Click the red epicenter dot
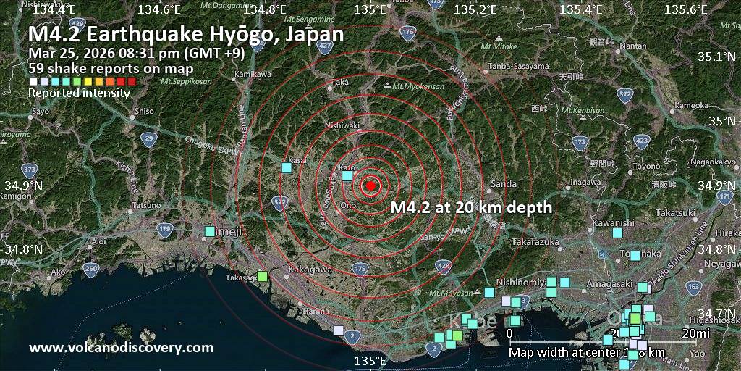[x=370, y=185]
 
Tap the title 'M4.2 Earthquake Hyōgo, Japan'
[x=186, y=34]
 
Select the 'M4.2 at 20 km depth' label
[x=471, y=207]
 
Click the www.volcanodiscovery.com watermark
[x=122, y=348]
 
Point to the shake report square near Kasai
[x=287, y=168]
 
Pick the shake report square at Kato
[x=347, y=175]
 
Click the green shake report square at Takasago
[x=262, y=276]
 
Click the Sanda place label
[x=504, y=184]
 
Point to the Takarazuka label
[x=536, y=241]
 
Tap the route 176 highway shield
[x=408, y=33]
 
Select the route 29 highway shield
[x=148, y=138]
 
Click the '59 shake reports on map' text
[x=111, y=69]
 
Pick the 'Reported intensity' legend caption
[x=79, y=93]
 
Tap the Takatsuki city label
[x=675, y=213]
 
